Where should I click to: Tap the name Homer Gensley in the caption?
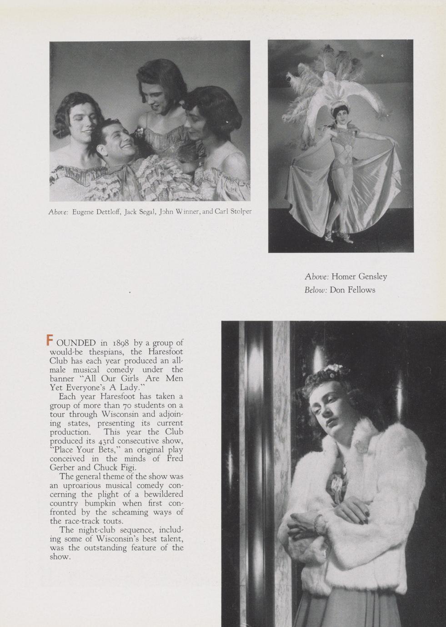[x=359, y=276]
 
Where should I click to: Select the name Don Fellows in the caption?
[x=352, y=290]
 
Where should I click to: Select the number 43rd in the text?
[x=108, y=441]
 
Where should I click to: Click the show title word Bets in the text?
[x=106, y=450]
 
